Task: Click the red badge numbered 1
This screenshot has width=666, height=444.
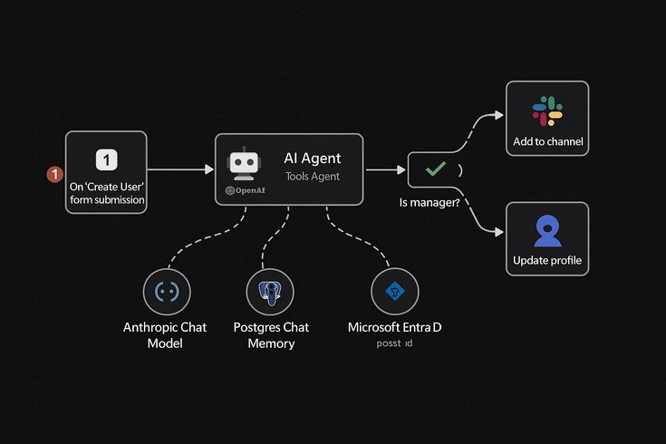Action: (x=53, y=172)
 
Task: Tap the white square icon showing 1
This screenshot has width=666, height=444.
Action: (x=106, y=159)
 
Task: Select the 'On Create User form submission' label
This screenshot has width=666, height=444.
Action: (x=107, y=193)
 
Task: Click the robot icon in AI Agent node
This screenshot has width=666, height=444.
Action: (x=243, y=164)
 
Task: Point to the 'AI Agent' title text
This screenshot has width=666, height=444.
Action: (x=313, y=159)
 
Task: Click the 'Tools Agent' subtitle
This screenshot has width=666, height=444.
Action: (x=313, y=177)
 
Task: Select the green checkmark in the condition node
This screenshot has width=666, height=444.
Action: (x=436, y=169)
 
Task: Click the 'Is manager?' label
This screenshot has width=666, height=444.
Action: (x=429, y=203)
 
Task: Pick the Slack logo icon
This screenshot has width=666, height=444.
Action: (x=547, y=111)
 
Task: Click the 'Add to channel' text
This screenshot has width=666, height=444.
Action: (x=547, y=142)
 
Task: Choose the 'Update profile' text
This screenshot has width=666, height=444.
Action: (x=547, y=261)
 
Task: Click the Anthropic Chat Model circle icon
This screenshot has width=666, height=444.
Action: (x=166, y=292)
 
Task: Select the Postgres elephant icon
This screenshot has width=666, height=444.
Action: (x=270, y=292)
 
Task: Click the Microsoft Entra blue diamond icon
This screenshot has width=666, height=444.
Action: (x=394, y=292)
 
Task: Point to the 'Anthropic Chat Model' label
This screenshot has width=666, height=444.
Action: (x=165, y=334)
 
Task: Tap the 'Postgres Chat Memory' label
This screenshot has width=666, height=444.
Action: (x=270, y=334)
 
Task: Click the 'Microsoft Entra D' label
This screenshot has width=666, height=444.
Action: (x=395, y=327)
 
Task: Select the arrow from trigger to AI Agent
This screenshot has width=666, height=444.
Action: (x=180, y=169)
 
